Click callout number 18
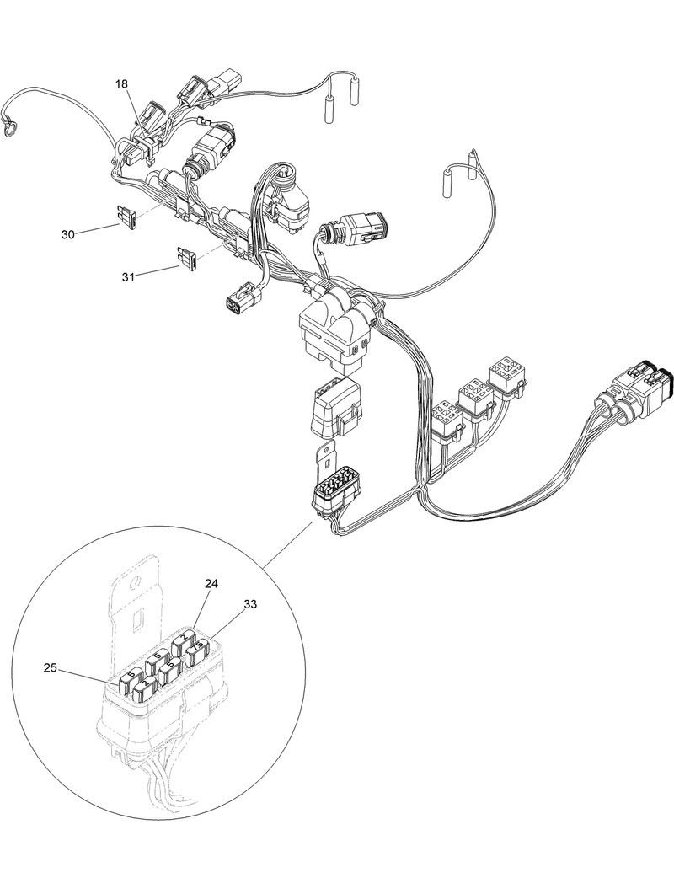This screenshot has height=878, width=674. click(x=121, y=84)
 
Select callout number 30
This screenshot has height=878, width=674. click(x=68, y=233)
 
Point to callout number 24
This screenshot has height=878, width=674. click(x=211, y=583)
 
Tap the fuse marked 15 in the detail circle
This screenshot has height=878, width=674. click(x=199, y=654)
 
